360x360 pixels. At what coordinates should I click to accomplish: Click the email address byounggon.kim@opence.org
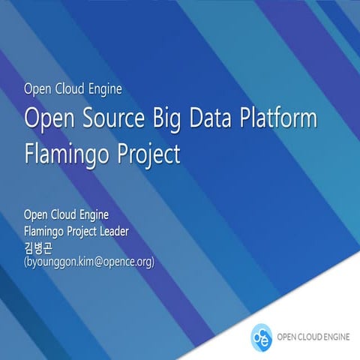pos(89,262)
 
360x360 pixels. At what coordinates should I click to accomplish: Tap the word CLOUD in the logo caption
pos(310,337)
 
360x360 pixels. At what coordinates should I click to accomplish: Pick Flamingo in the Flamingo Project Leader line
pos(44,232)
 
